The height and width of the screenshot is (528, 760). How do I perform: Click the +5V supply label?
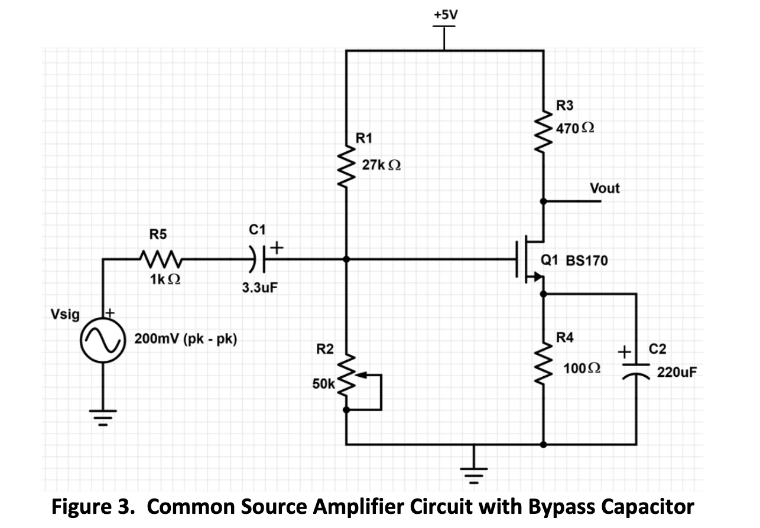coord(444,14)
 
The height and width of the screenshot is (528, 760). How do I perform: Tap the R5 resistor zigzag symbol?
coord(158,259)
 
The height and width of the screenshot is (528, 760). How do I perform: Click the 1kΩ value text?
coord(161,281)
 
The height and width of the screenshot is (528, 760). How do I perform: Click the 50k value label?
coord(323,384)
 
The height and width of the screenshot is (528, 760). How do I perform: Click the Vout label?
coord(605,189)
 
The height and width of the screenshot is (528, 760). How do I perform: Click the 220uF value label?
coord(677,373)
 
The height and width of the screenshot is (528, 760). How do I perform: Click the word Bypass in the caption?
coord(560,507)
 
